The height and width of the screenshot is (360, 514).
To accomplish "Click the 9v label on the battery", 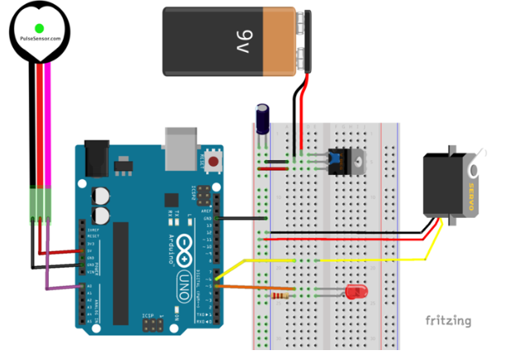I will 243,38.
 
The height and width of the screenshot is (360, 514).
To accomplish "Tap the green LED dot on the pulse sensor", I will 39,29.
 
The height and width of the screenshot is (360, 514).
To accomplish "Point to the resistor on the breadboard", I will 281,293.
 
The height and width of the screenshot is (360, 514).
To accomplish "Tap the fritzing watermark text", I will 448,320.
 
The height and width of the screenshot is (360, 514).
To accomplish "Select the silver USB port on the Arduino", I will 182,142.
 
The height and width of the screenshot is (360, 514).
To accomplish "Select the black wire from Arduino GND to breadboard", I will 243,219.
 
